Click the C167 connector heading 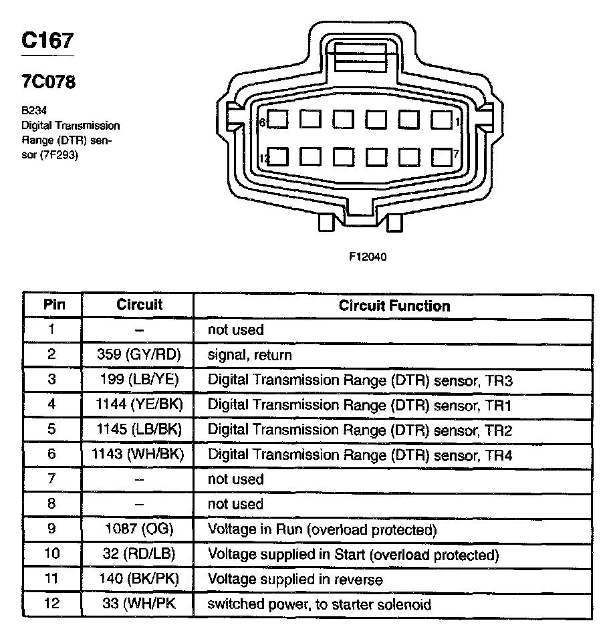[x=47, y=41]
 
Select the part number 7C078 [x=48, y=83]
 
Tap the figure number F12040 [x=367, y=256]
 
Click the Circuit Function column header [x=394, y=306]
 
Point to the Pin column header [x=54, y=305]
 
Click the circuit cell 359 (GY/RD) [x=139, y=355]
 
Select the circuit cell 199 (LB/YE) [x=139, y=380]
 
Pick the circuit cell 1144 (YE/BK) [x=139, y=404]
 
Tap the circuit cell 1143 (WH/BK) [x=138, y=455]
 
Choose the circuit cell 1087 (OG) [x=139, y=529]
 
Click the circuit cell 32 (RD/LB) [x=139, y=554]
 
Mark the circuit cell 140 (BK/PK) [x=139, y=579]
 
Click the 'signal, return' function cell [x=250, y=355]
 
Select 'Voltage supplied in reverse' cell [x=295, y=579]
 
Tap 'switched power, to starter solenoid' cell [x=320, y=604]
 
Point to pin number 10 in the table [x=52, y=554]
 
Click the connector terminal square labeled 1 [x=441, y=120]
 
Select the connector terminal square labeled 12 [x=278, y=157]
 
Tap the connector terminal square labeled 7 [x=441, y=157]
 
